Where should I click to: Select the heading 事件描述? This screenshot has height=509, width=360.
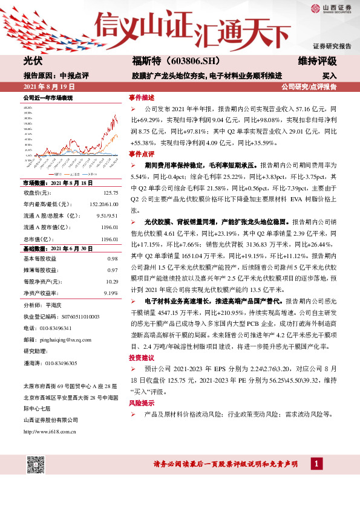coord(141,97)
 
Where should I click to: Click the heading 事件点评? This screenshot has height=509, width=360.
coord(141,154)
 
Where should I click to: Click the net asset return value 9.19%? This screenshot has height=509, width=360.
coord(111,293)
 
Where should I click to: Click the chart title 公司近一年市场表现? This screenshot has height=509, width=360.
coord(48,97)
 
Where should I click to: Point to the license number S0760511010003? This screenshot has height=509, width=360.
coord(78,317)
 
